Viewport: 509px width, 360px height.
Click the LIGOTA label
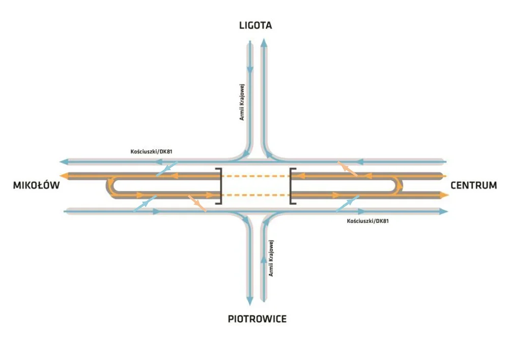pos(256,25)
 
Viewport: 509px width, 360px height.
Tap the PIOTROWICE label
pos(257,319)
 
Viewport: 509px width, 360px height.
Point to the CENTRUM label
pos(474,186)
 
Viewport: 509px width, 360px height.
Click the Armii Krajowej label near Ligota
pos(243,102)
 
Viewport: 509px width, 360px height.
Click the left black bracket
pos(219,186)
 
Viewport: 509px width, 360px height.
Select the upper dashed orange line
pos(255,176)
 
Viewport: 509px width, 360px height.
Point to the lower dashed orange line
pos(255,195)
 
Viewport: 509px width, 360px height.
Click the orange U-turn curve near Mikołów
pos(110,186)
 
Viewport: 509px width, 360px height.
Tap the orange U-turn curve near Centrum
pos(400,186)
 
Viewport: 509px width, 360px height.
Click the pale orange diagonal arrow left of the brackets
pos(197,203)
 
